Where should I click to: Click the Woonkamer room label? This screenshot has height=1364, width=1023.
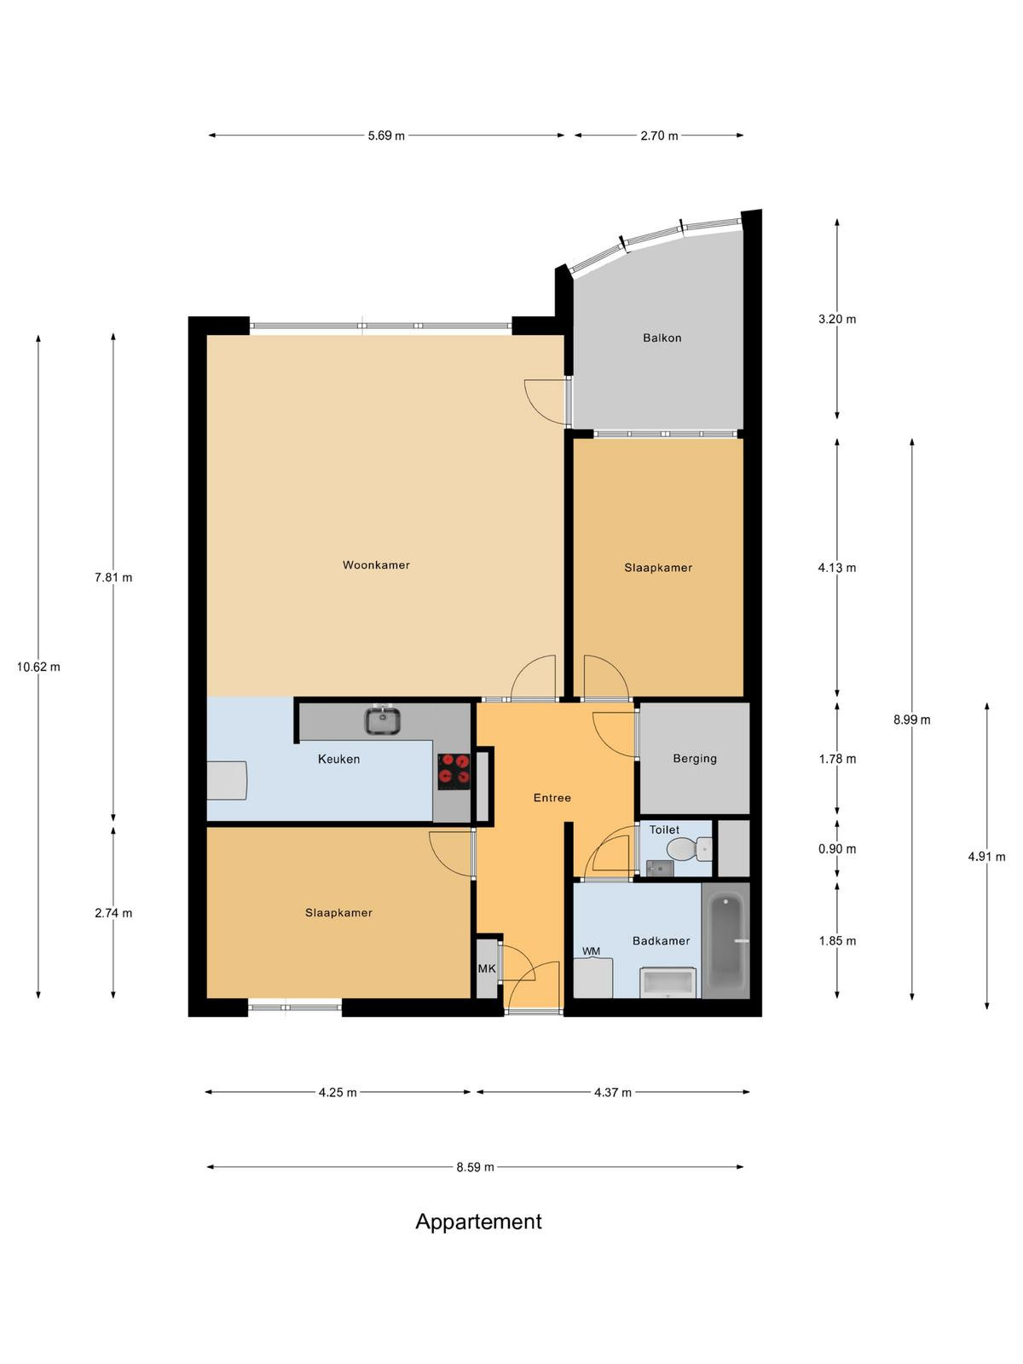(x=376, y=565)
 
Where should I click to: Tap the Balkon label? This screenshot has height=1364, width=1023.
(x=662, y=338)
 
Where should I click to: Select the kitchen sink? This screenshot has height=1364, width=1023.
(x=382, y=720)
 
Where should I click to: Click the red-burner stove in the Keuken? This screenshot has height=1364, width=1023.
(x=454, y=772)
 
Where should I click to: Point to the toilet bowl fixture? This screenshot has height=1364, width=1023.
(x=689, y=849)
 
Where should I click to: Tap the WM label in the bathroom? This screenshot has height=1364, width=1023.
(x=591, y=951)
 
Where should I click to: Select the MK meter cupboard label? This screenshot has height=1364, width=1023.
(x=486, y=968)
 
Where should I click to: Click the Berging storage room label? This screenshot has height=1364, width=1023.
(x=695, y=759)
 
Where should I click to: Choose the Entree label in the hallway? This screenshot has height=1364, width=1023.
(x=552, y=798)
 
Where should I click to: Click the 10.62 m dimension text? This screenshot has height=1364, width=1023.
(x=38, y=667)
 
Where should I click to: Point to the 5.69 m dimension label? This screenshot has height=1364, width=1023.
(x=385, y=136)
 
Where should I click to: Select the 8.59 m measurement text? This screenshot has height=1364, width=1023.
(x=475, y=1167)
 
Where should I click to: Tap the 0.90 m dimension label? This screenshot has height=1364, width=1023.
(x=836, y=849)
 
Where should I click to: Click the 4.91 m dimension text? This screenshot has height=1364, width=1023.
(x=986, y=856)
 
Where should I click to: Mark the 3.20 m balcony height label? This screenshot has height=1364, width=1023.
(x=836, y=320)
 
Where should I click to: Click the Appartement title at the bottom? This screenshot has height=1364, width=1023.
(x=478, y=1222)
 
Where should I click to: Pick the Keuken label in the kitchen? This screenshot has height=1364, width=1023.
(x=338, y=759)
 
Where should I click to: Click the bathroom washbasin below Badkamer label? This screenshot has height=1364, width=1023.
(x=668, y=982)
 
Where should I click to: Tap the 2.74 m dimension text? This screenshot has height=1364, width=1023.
(x=113, y=913)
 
